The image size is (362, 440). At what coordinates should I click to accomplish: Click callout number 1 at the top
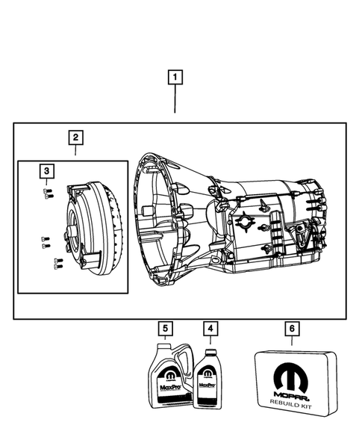(x=175, y=76)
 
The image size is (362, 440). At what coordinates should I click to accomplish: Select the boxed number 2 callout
(x=75, y=137)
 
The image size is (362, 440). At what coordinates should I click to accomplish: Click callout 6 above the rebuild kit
(x=293, y=328)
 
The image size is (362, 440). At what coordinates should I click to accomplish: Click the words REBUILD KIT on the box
(x=293, y=404)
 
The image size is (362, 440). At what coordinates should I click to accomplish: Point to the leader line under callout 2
(x=75, y=152)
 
